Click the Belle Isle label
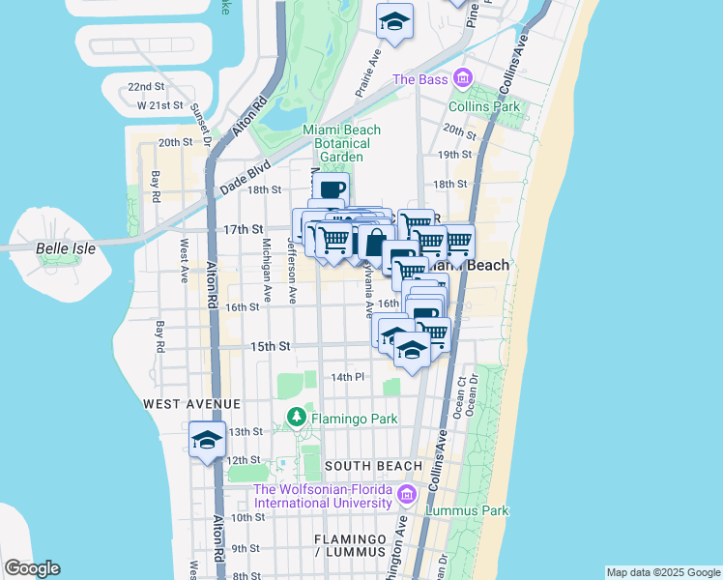coord(66,248)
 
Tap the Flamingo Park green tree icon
coord(297,420)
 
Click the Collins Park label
coord(484,106)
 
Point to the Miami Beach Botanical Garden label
coord(341,143)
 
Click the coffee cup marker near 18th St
coord(331,189)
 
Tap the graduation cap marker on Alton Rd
coord(208,441)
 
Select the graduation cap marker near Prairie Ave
coord(394,21)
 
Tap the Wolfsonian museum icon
coord(407,495)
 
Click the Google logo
coord(32,568)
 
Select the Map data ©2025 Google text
coord(662,572)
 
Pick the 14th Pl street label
coord(347,377)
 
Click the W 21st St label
coord(160,104)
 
